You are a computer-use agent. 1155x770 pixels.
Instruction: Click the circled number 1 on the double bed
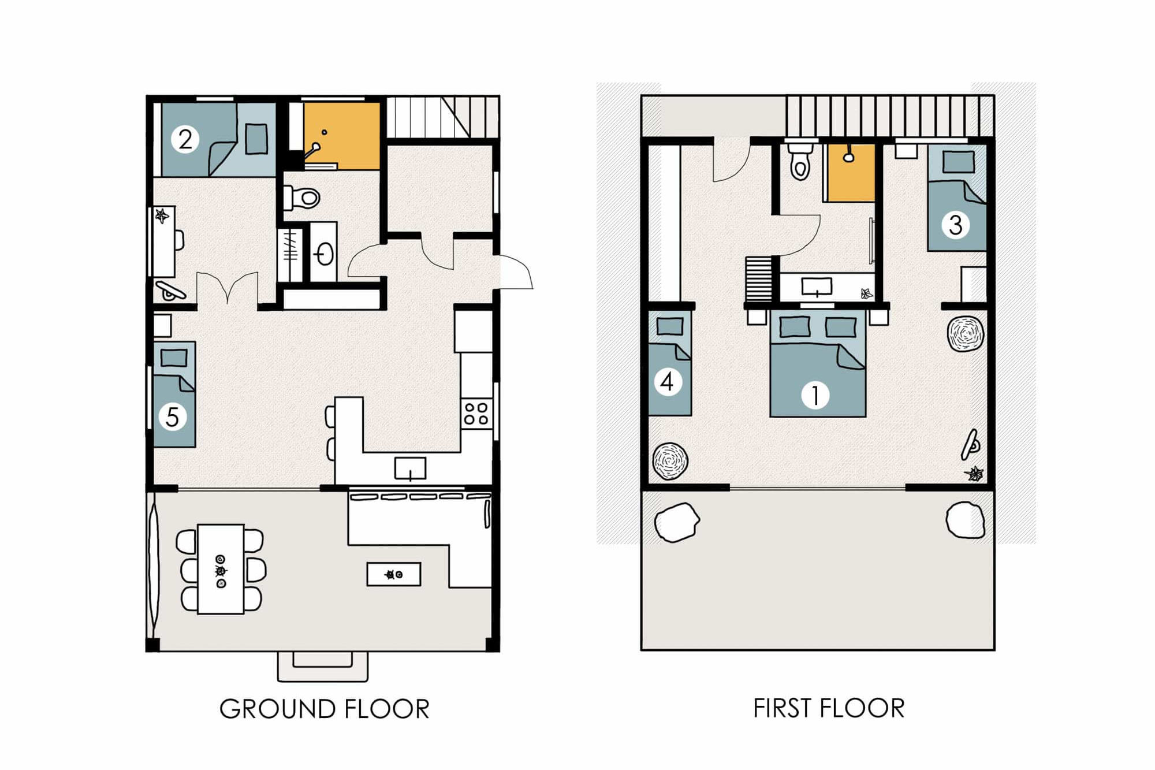point(815,396)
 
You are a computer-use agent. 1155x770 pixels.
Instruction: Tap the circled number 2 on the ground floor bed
point(185,139)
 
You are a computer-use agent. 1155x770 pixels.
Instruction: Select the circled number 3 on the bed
point(955,225)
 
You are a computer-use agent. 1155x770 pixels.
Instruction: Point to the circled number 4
point(667,382)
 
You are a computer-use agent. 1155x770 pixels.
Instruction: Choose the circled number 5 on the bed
point(172,417)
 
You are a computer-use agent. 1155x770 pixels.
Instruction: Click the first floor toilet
point(800,162)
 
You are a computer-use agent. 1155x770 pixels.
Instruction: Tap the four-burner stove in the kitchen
point(476,414)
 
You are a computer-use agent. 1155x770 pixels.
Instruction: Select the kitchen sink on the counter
point(410,468)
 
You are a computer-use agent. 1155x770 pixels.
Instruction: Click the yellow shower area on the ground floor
point(342,136)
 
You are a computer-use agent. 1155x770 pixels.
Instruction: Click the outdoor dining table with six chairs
point(221,569)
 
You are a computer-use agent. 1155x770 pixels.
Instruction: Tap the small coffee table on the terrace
point(393,574)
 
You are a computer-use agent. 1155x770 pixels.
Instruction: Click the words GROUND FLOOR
point(324,709)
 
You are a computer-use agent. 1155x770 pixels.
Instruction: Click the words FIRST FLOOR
point(828,708)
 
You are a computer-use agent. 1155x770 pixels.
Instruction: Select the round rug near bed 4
point(670,461)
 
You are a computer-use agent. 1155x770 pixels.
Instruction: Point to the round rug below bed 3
point(965,333)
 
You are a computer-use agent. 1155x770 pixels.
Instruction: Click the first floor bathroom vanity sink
point(817,287)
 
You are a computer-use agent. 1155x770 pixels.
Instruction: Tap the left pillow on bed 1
point(794,327)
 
